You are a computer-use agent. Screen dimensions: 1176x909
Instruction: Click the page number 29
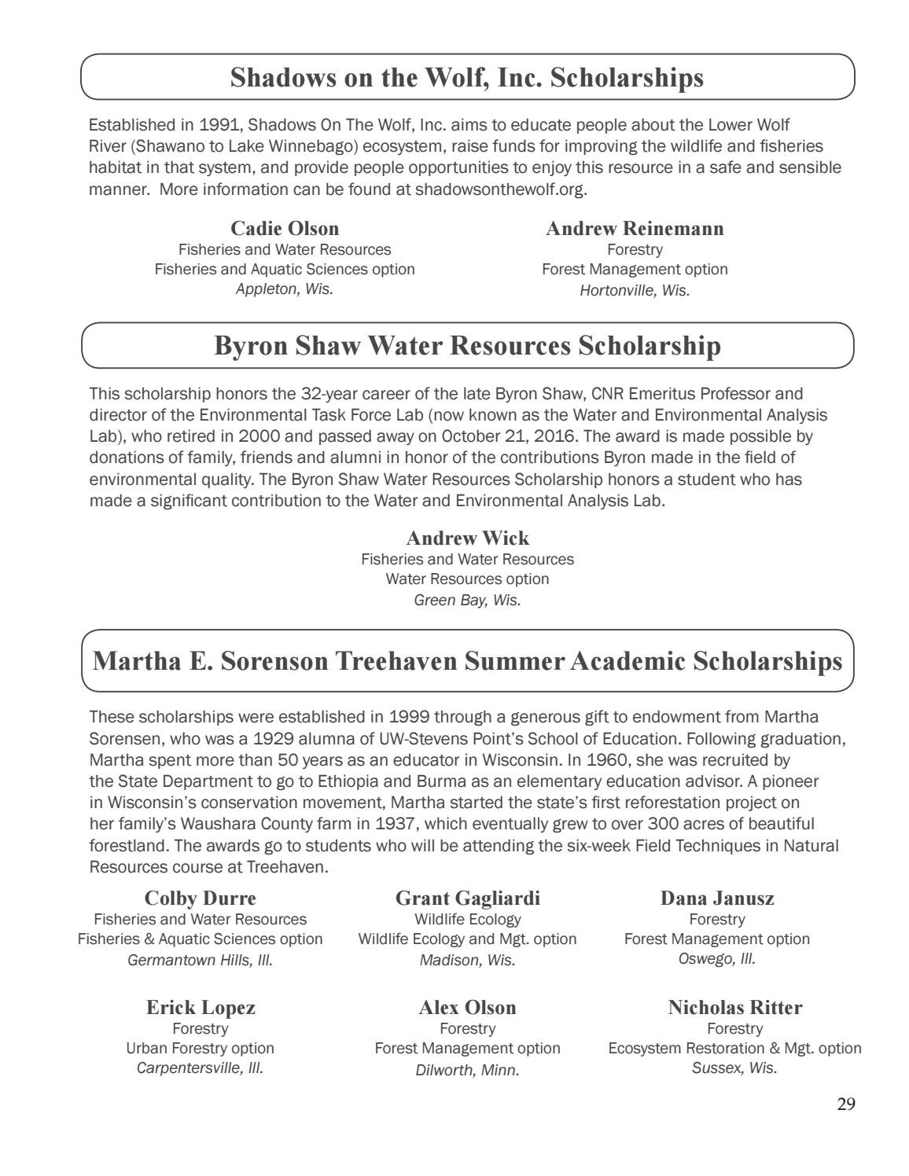(845, 1104)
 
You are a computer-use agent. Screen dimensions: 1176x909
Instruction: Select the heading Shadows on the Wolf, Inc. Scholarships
(467, 77)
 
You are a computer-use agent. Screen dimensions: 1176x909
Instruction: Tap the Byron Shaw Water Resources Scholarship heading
(467, 346)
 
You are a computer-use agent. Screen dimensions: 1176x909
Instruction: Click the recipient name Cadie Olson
(285, 229)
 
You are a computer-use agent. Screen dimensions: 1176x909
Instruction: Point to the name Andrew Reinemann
(635, 229)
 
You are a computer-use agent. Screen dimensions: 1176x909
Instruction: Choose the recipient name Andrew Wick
(467, 538)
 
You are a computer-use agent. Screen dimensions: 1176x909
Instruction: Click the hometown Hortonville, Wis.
(635, 290)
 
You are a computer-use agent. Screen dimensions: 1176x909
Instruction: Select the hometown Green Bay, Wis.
(467, 600)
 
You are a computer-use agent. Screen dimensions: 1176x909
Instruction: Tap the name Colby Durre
(201, 899)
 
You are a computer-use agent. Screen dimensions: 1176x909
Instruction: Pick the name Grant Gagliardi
(467, 899)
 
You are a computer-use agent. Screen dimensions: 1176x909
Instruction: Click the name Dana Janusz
(717, 899)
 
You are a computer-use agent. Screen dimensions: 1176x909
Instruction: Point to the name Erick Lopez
(201, 1008)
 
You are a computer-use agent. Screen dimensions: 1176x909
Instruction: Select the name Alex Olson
(467, 1008)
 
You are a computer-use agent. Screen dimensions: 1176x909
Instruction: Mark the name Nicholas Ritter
(734, 1008)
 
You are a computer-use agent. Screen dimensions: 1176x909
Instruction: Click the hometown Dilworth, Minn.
(467, 1070)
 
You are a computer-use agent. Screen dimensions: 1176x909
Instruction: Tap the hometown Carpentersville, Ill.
(201, 1068)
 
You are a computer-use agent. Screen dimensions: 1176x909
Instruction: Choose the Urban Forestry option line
(201, 1048)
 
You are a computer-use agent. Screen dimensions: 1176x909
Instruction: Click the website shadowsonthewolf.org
(500, 189)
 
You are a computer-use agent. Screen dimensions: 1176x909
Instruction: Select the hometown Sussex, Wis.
(734, 1068)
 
